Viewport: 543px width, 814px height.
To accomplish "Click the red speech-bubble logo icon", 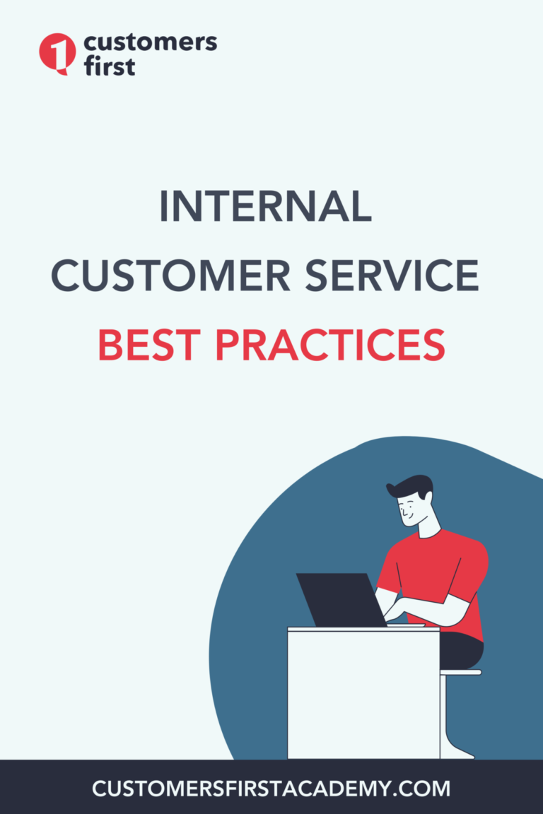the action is click(x=57, y=53).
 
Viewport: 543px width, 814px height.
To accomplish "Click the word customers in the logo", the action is click(x=150, y=42).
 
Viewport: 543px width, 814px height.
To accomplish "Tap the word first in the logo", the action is click(x=110, y=66).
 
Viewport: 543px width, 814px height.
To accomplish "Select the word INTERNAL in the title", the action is click(x=265, y=206).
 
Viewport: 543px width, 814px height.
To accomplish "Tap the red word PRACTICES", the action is click(x=330, y=345).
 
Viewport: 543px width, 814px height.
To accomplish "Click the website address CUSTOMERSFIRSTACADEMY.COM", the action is click(x=271, y=789).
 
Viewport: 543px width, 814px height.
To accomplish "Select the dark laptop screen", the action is click(x=340, y=600).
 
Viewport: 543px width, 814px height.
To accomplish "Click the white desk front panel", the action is click(x=363, y=695).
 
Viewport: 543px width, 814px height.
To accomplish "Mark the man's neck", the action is click(x=429, y=526).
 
